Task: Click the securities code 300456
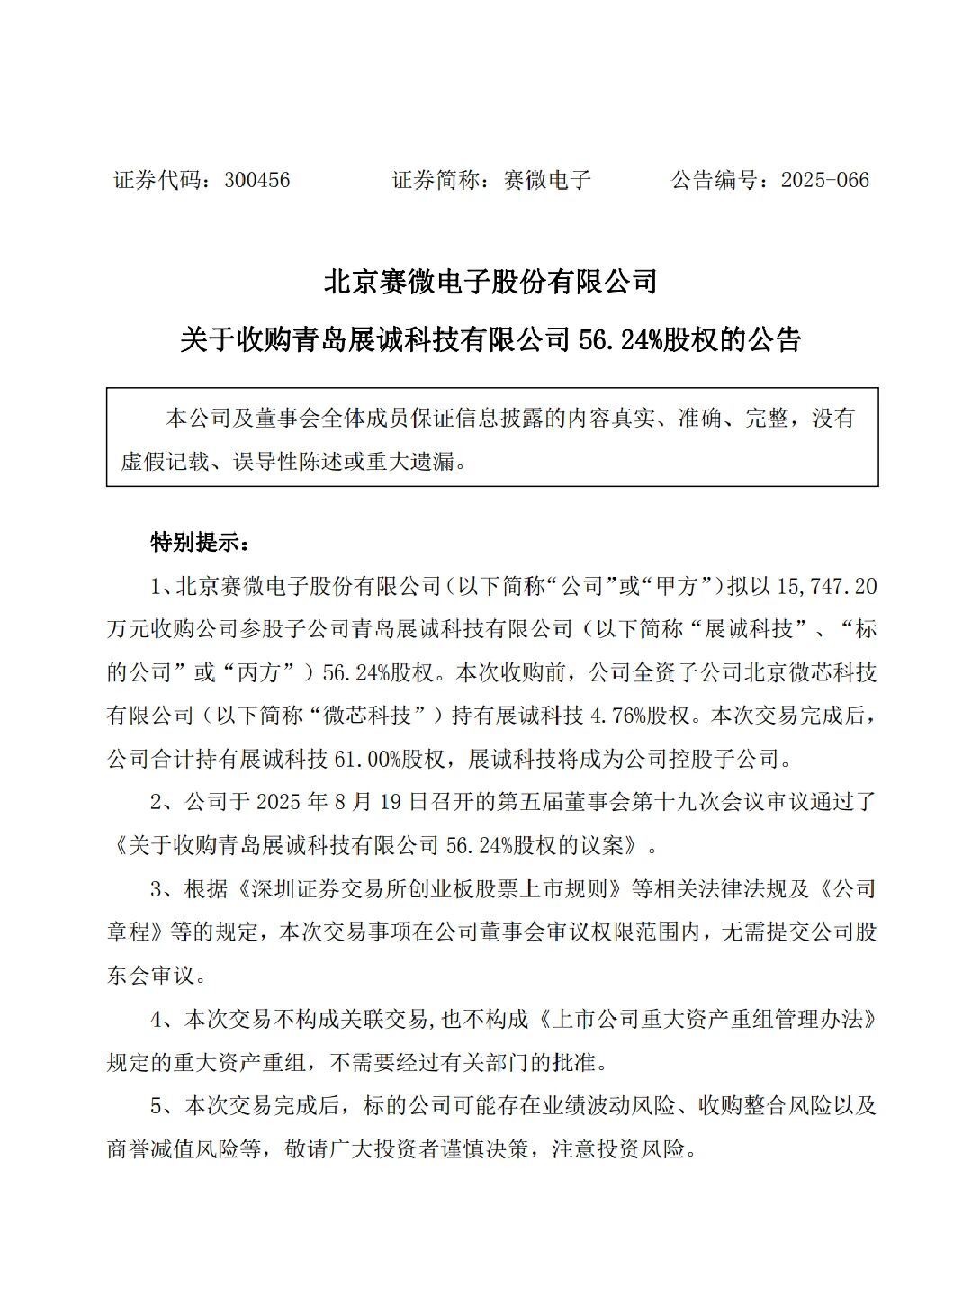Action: click(256, 180)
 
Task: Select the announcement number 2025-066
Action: click(824, 180)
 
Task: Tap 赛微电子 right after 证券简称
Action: click(547, 180)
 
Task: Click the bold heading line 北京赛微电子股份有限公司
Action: click(490, 282)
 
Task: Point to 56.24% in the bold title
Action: click(620, 340)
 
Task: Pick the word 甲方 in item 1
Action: click(677, 587)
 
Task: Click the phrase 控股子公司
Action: click(724, 759)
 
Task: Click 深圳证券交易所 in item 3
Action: click(326, 889)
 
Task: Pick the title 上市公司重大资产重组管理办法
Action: click(711, 1020)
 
